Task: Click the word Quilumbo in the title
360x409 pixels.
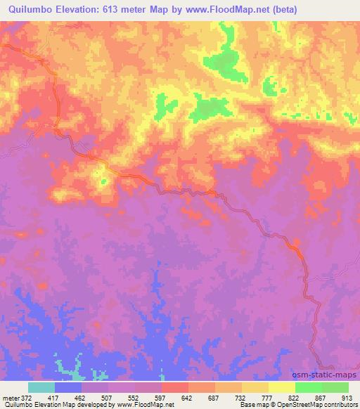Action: pos(30,10)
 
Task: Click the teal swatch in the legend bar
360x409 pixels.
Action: pos(41,387)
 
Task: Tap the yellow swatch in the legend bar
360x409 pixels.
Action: pos(282,387)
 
